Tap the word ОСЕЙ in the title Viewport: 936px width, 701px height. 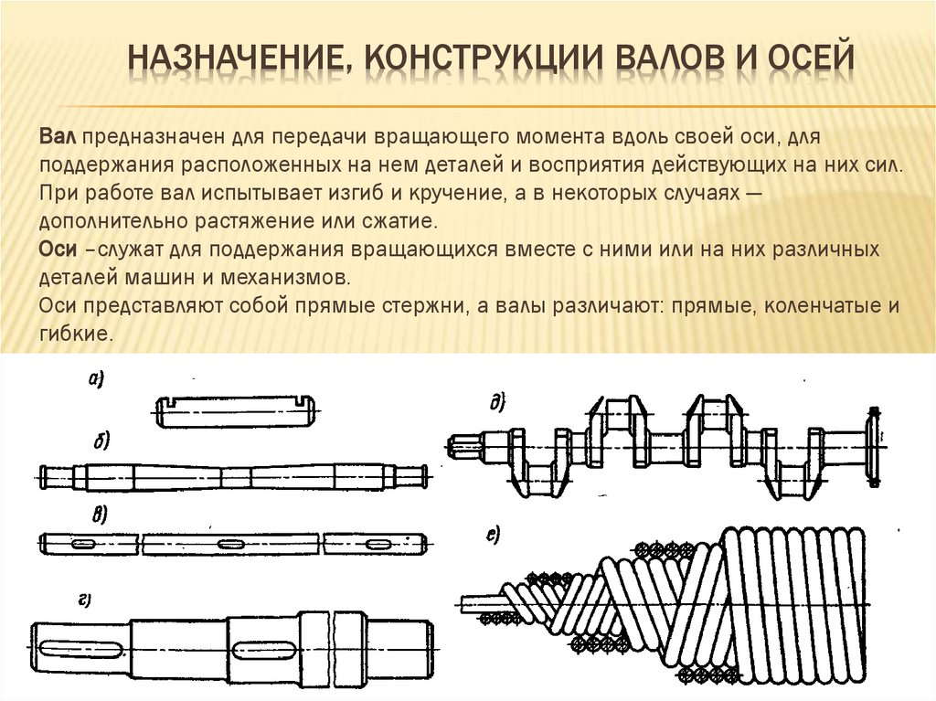(804, 58)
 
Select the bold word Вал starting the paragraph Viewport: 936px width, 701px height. (58, 137)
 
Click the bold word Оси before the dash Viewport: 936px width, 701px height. (58, 249)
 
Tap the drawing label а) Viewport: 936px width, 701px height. (95, 379)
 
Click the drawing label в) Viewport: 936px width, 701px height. (100, 515)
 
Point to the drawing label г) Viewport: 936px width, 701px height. (84, 600)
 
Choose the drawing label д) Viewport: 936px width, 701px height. (496, 403)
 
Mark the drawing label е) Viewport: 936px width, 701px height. (493, 536)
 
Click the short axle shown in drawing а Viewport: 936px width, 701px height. (237, 412)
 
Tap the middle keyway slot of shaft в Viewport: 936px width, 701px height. (230, 544)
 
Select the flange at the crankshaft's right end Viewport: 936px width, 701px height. (873, 446)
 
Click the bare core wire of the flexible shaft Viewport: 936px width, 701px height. (480, 604)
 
